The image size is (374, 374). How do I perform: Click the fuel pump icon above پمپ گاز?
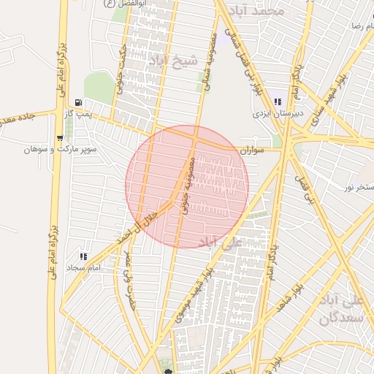pos(78,103)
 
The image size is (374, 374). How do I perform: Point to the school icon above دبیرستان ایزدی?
pos(277,102)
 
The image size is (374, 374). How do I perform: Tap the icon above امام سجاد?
pos(83,256)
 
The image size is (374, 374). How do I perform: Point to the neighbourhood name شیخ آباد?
pos(169,59)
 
